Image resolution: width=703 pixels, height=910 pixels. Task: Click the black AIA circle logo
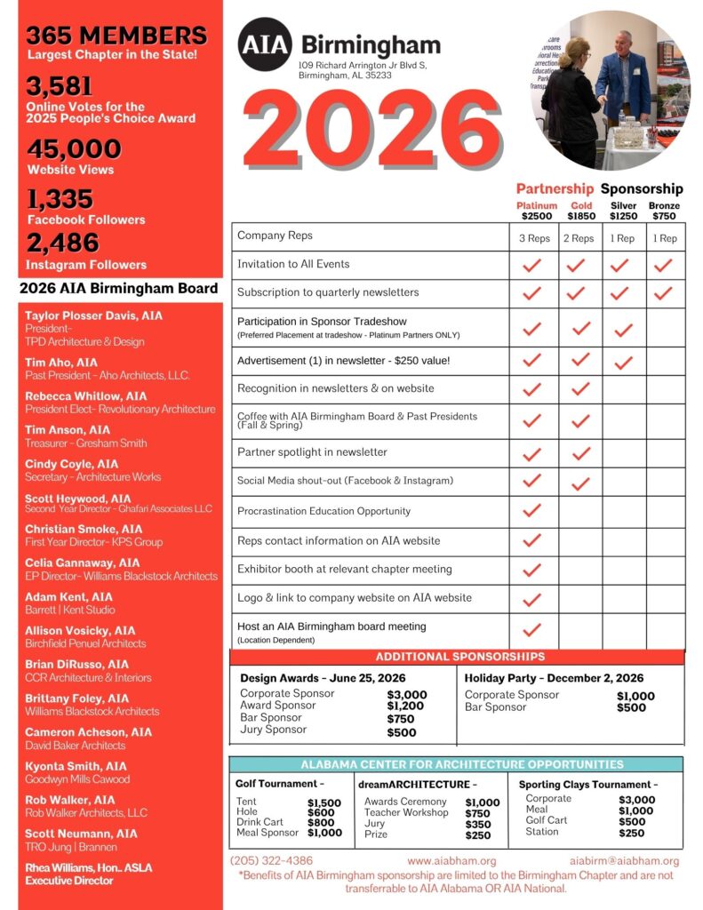[264, 44]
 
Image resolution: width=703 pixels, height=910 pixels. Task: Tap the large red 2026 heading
[372, 131]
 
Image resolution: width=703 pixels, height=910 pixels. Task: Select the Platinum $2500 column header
[536, 211]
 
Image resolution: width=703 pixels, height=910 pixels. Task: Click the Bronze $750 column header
[664, 211]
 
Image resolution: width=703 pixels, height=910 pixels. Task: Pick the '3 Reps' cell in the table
[534, 238]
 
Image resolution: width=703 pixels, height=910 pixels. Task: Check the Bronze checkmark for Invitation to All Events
[663, 265]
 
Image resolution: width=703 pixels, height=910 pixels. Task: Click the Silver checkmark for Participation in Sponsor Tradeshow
[623, 330]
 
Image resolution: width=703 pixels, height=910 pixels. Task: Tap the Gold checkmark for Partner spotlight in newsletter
[580, 453]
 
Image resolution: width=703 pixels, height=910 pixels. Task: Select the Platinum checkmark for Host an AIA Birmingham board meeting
[532, 630]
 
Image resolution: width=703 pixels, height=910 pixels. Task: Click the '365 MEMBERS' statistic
[116, 36]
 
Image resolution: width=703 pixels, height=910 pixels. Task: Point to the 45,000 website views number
[74, 148]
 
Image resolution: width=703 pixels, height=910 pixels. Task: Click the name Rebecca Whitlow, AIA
[86, 396]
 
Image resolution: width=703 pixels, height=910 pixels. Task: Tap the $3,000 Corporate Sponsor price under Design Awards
[407, 695]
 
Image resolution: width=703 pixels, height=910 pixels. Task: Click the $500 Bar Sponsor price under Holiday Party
[633, 708]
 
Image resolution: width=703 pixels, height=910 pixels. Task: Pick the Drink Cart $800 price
[321, 823]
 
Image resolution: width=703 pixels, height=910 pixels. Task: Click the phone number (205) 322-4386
[271, 861]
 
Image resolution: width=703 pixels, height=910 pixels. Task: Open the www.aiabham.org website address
[451, 861]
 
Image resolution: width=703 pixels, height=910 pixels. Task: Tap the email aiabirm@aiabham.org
[624, 861]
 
